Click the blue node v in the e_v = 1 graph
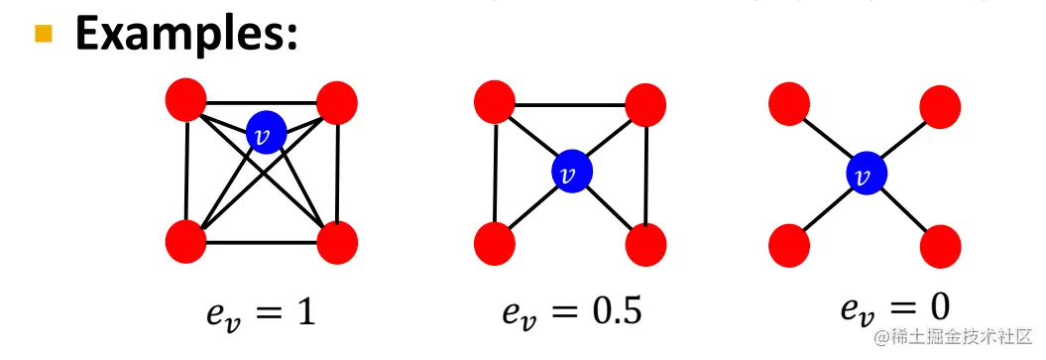(266, 130)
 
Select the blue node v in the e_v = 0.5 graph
(570, 172)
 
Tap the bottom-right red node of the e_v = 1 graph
(338, 241)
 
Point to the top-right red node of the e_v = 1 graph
(336, 101)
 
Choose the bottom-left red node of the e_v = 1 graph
(185, 241)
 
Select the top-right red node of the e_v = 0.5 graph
(645, 102)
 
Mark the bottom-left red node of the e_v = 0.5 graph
(493, 242)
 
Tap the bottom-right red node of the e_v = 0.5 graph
(645, 242)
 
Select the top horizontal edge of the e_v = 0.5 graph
(569, 104)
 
